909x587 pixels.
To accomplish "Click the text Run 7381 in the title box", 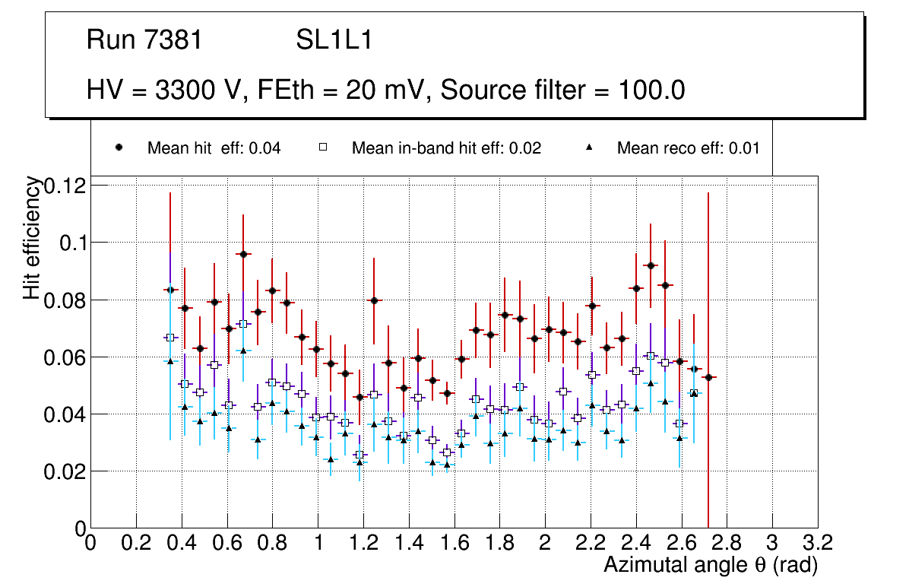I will pyautogui.click(x=144, y=40).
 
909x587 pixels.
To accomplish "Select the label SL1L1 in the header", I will pyautogui.click(x=334, y=40).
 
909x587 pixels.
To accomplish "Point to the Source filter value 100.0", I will pyautogui.click(x=651, y=90).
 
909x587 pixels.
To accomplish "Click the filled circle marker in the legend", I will pyautogui.click(x=119, y=148).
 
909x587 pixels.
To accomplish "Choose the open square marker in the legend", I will pyautogui.click(x=323, y=148).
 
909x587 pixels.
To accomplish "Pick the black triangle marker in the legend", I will pyautogui.click(x=589, y=148).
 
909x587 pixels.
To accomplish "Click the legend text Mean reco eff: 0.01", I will pyautogui.click(x=688, y=148).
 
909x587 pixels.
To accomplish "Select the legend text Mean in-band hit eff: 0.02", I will pyautogui.click(x=446, y=148).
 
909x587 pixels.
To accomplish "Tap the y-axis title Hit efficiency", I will pyautogui.click(x=32, y=237).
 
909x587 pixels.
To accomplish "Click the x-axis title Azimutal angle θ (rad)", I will pyautogui.click(x=711, y=565).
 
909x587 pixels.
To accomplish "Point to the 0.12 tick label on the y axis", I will pyautogui.click(x=65, y=186).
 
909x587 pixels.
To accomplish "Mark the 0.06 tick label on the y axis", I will pyautogui.click(x=65, y=357).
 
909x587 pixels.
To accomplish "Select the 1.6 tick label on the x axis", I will pyautogui.click(x=454, y=543).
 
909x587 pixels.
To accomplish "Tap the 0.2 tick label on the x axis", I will pyautogui.click(x=136, y=543).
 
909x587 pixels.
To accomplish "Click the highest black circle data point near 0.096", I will pyautogui.click(x=243, y=254).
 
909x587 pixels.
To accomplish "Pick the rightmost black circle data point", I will pyautogui.click(x=708, y=377).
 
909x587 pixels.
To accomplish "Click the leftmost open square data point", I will pyautogui.click(x=170, y=338).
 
